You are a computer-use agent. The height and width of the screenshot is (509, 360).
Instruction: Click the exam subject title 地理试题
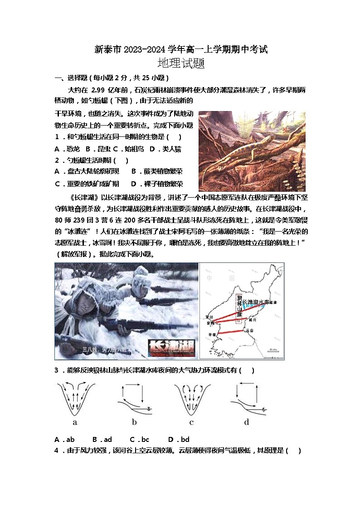180,63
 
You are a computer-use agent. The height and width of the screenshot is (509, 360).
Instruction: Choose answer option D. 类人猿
165,149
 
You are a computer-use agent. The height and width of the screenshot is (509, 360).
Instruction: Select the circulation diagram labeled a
75,399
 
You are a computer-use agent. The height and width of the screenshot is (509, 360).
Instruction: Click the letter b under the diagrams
134,422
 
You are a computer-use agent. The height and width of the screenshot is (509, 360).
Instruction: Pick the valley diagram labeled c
192,399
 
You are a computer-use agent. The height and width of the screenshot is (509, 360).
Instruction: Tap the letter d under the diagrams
246,422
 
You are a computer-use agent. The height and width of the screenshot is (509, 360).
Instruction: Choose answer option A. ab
64,439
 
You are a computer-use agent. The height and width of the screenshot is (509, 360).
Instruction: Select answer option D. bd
179,439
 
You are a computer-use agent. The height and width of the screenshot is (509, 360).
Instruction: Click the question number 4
57,451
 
